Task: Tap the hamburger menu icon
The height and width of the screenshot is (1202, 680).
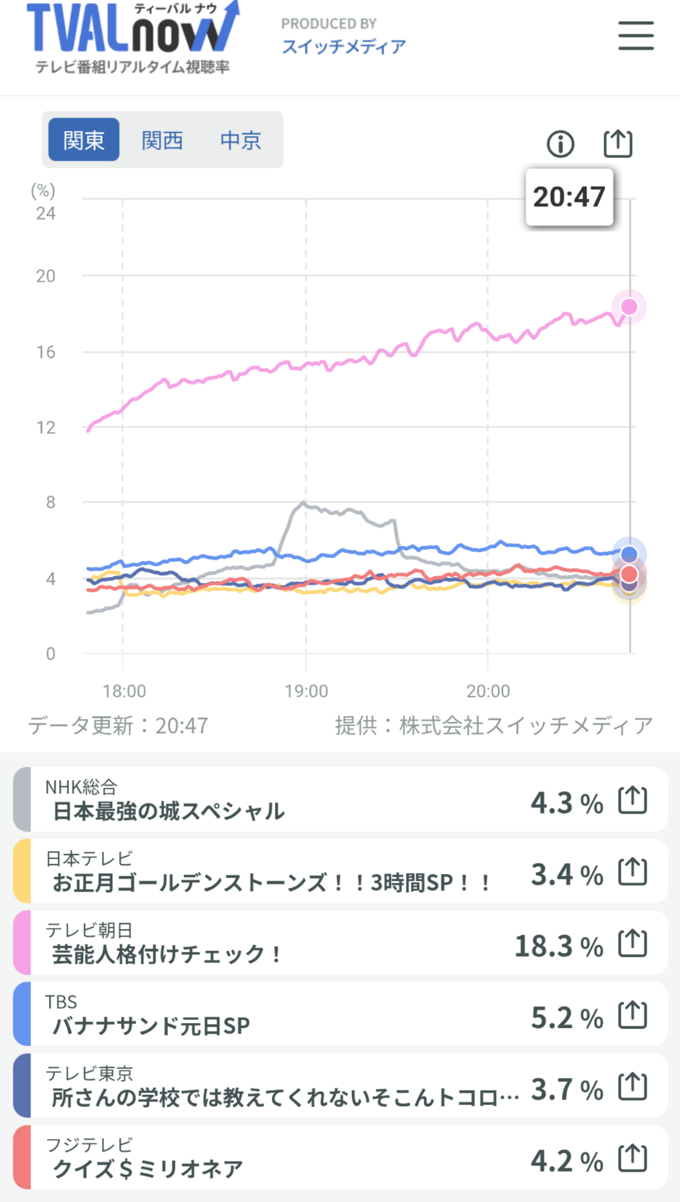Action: click(635, 35)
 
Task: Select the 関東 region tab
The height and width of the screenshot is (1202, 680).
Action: click(84, 140)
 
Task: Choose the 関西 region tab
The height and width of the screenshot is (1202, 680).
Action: click(162, 140)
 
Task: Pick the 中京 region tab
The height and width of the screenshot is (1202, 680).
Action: click(241, 140)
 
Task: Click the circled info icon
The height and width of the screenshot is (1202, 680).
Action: click(560, 144)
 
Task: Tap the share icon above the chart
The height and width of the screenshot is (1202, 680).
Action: click(618, 144)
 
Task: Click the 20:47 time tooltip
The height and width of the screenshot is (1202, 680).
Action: click(569, 197)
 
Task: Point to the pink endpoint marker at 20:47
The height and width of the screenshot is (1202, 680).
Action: click(629, 307)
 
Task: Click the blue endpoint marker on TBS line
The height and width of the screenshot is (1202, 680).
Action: click(629, 554)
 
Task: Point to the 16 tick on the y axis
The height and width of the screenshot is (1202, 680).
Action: click(46, 352)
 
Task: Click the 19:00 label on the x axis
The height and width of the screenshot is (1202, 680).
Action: click(306, 691)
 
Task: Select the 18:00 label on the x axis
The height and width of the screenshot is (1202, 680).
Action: click(124, 691)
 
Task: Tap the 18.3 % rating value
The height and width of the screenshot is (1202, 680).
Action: click(558, 946)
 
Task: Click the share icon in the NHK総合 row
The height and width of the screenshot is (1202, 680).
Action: click(632, 800)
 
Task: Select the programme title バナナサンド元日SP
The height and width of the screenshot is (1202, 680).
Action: click(151, 1026)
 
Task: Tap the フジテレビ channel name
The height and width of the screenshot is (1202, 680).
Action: click(89, 1144)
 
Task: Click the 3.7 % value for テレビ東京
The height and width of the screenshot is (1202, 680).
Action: click(567, 1089)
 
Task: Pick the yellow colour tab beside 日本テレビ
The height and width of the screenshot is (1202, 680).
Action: click(22, 871)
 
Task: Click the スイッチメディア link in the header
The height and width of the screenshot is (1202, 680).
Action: click(344, 47)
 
